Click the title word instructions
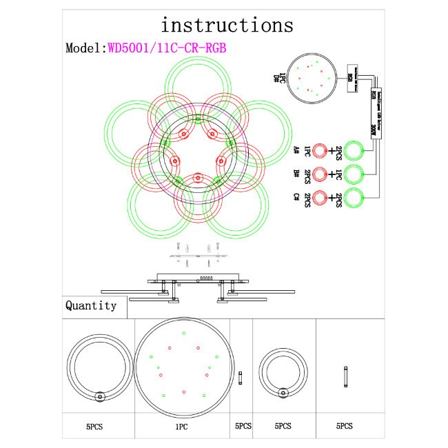click(227, 25)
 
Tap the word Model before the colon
click(83, 48)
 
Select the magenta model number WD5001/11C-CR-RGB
click(166, 48)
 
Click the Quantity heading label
click(90, 305)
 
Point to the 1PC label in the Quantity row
click(181, 427)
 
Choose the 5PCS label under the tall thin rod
click(345, 427)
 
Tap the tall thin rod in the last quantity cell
click(345, 378)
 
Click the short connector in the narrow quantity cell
click(240, 378)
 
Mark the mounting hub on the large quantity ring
click(100, 396)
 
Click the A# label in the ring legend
click(296, 150)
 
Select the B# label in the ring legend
click(296, 173)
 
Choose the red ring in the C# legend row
click(320, 196)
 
